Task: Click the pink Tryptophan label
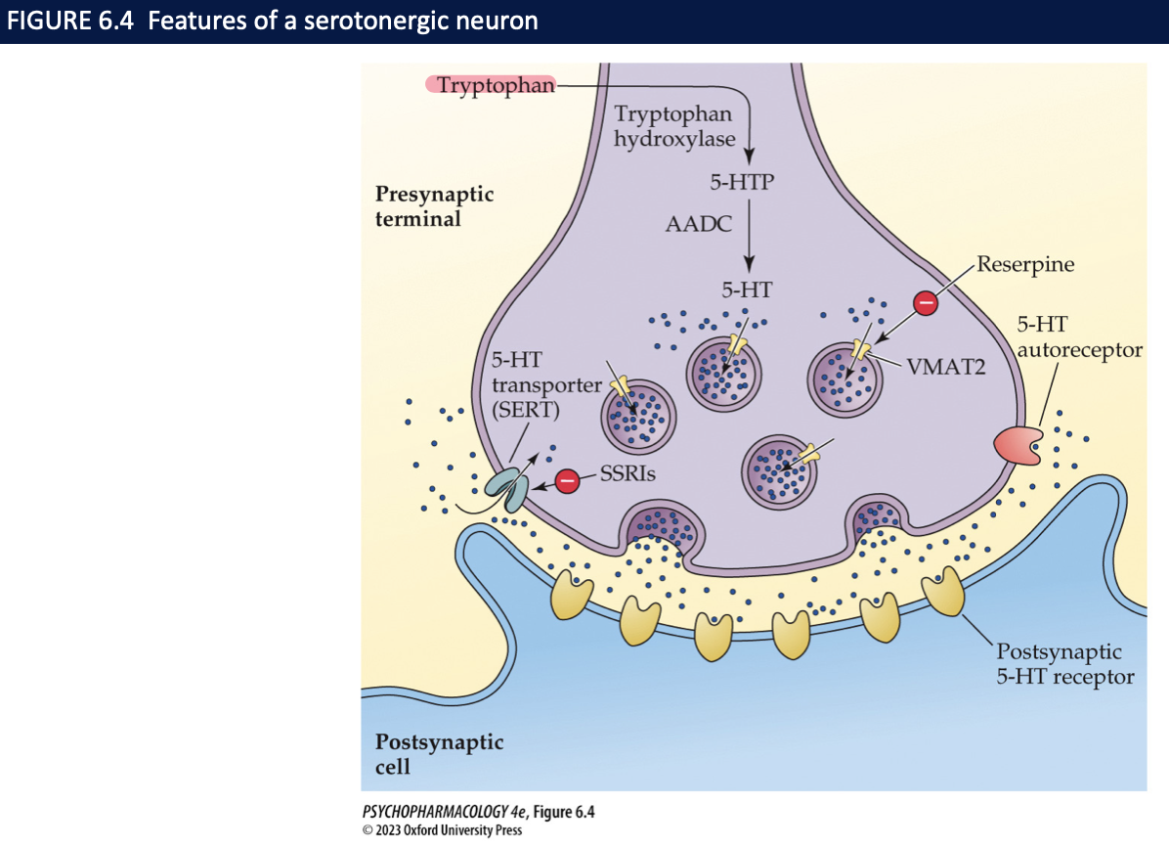[491, 85]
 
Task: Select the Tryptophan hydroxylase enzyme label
[673, 126]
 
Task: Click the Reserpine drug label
[1025, 264]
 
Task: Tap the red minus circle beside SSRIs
[567, 480]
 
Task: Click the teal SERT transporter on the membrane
[506, 487]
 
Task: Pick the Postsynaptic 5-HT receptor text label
[1064, 663]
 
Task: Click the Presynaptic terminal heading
[434, 205]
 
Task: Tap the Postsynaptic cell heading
[439, 753]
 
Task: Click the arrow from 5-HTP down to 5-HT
[749, 235]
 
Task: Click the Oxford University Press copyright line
[442, 830]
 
